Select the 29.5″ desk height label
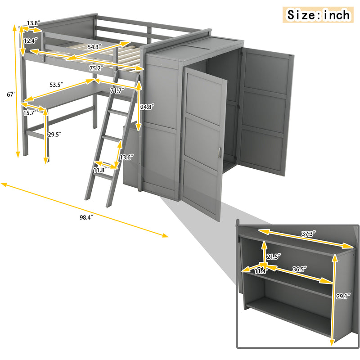(55, 134)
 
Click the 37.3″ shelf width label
(308, 234)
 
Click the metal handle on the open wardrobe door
(220, 153)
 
